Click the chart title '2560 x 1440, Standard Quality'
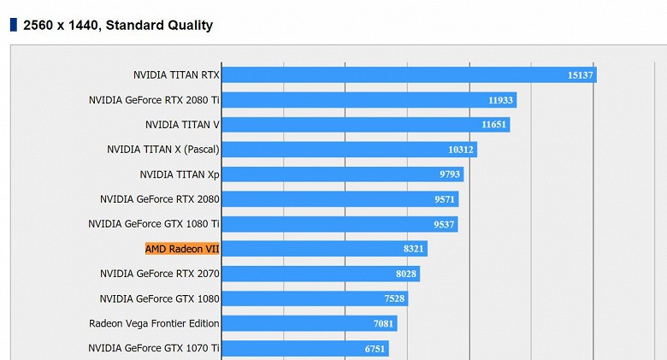click(118, 25)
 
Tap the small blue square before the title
click(13, 25)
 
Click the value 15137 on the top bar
click(580, 75)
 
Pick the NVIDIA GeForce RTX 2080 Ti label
click(154, 100)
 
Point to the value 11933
click(500, 100)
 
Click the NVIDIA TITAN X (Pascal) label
click(162, 150)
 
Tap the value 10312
click(460, 150)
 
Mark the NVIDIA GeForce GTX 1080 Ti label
click(154, 224)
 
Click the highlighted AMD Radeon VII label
click(182, 249)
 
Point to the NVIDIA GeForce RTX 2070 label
click(160, 274)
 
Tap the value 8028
click(405, 274)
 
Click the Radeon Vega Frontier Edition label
click(154, 323)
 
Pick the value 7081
click(383, 323)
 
